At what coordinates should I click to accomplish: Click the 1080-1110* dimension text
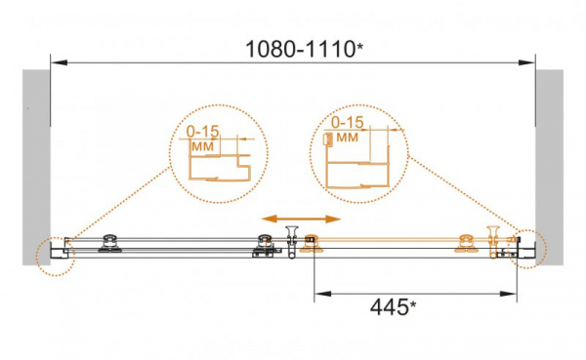click(x=304, y=49)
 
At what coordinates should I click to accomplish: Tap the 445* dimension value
click(x=393, y=307)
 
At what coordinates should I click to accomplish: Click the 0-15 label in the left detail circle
click(x=202, y=132)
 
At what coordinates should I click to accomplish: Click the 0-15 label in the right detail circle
click(x=348, y=122)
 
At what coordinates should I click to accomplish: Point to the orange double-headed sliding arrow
click(x=301, y=219)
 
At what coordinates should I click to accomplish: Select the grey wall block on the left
click(x=36, y=167)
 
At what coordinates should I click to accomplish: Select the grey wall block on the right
click(x=549, y=167)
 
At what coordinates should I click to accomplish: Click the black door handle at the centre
click(x=291, y=242)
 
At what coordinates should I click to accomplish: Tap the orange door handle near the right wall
click(x=493, y=242)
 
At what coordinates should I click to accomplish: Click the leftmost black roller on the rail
click(x=109, y=244)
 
